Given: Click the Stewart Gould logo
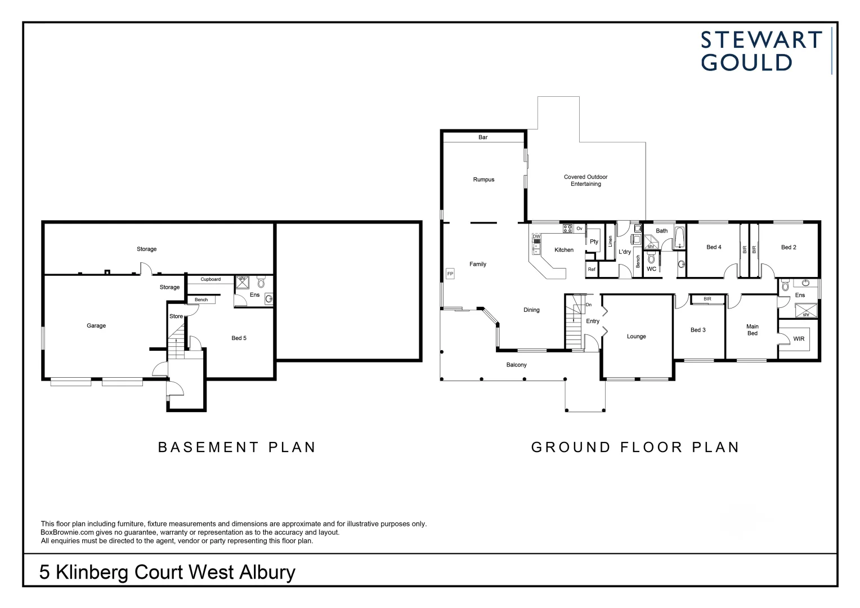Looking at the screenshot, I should click(761, 51).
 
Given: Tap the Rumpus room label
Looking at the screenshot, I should click(483, 180).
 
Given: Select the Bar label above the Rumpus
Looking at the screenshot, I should click(483, 137).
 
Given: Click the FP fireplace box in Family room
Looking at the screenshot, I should click(450, 274).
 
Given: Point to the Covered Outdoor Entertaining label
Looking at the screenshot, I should click(585, 180).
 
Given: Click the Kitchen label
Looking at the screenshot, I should click(564, 250).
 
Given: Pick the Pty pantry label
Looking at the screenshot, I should click(594, 242).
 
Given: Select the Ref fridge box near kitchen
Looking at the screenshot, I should click(592, 270).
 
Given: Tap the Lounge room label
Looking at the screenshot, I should click(636, 337).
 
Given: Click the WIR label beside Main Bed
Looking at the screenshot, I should click(798, 339).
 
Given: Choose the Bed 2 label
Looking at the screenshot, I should click(789, 247).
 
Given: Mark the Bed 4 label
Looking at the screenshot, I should click(714, 247).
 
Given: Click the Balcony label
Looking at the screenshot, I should click(516, 365).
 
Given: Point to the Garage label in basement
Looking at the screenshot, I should click(96, 325).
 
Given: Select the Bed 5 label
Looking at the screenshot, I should click(239, 338).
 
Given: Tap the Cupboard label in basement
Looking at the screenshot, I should click(210, 279).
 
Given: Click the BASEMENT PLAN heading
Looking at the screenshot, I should click(237, 447).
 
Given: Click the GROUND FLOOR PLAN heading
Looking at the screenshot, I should click(635, 447).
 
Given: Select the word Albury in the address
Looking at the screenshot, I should click(267, 572).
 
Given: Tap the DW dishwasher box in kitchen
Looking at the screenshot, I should click(536, 236).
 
